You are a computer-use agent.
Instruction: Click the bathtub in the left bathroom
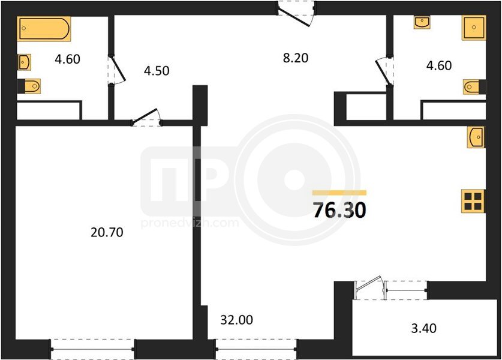[x=44, y=29]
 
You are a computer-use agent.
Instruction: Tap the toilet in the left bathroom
[x=32, y=86]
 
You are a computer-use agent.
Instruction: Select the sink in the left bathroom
[x=25, y=62]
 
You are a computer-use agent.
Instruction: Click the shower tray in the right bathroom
[x=474, y=28]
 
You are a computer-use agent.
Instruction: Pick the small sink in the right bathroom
[x=422, y=22]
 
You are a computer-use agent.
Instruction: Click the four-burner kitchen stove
[x=473, y=201]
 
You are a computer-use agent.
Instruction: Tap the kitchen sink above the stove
[x=476, y=137]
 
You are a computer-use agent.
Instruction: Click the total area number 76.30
[x=339, y=210]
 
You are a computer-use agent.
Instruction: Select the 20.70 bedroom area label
[x=107, y=232]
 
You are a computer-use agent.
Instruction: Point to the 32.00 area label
[x=236, y=320]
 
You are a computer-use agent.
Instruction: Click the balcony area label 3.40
[x=424, y=328]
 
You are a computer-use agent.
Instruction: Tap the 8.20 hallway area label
[x=296, y=58]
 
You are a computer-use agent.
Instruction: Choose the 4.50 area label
[x=157, y=71]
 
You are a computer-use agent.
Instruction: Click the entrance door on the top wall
[x=295, y=14]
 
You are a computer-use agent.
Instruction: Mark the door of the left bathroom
[x=116, y=70]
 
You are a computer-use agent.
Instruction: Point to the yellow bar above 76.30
[x=339, y=193]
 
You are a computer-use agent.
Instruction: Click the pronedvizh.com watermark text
[x=190, y=223]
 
